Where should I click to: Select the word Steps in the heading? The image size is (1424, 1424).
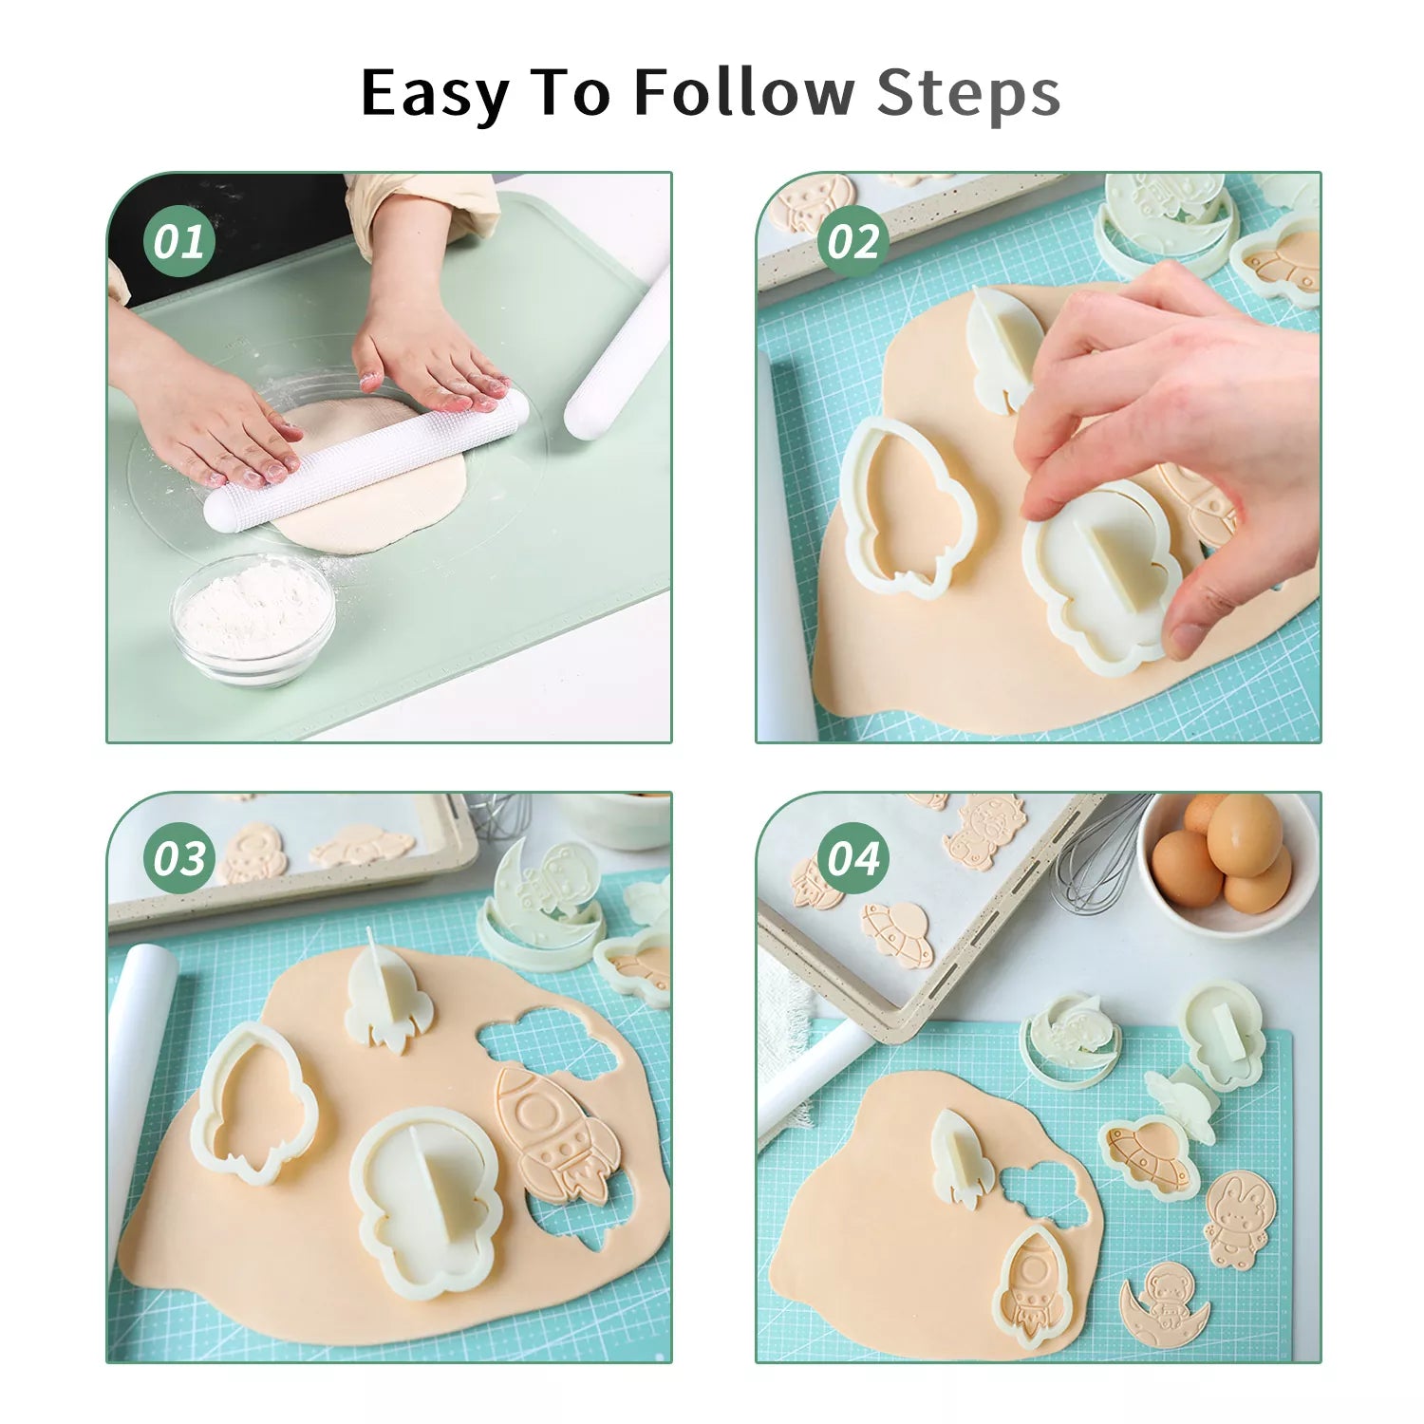pyautogui.click(x=967, y=94)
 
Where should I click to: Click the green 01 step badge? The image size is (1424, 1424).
pyautogui.click(x=178, y=241)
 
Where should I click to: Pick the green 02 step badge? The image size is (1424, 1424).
pyautogui.click(x=853, y=241)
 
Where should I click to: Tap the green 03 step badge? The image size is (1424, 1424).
pyautogui.click(x=178, y=858)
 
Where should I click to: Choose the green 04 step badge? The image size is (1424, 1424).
pyautogui.click(x=853, y=858)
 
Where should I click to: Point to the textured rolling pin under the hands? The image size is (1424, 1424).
pyautogui.click(x=366, y=460)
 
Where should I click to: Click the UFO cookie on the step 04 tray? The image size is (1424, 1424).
pyautogui.click(x=897, y=933)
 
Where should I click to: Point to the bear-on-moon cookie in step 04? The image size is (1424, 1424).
pyautogui.click(x=1164, y=1304)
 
